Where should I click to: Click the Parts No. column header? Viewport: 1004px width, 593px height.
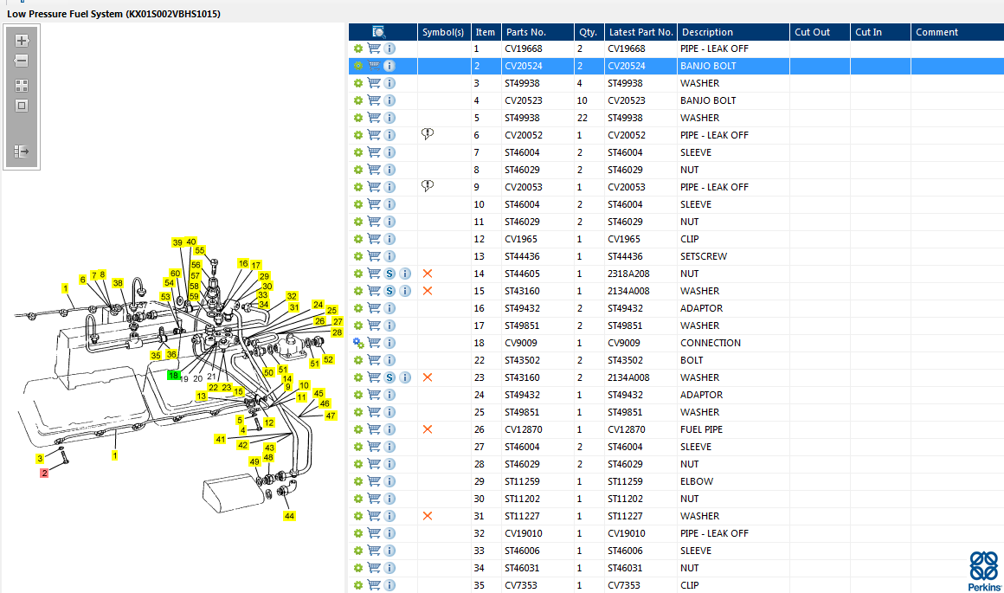(x=526, y=32)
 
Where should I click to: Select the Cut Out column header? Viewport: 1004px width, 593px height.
(x=812, y=32)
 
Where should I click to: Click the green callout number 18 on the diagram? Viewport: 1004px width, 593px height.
(x=174, y=376)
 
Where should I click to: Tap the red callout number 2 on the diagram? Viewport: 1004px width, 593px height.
(x=44, y=473)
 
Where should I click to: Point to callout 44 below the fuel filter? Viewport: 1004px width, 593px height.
(x=289, y=516)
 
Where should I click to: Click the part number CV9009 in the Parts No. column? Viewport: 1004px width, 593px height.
(x=521, y=343)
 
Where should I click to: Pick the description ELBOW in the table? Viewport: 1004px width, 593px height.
(x=697, y=481)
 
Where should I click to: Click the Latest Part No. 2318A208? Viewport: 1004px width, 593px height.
(x=628, y=274)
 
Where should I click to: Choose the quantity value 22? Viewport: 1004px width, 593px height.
(x=582, y=118)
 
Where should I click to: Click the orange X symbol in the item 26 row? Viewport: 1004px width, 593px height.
(x=427, y=429)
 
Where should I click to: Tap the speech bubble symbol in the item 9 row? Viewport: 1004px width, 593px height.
(x=428, y=186)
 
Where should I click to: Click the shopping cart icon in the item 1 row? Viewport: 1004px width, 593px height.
(x=374, y=48)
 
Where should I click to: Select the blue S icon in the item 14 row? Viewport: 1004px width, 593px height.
(x=390, y=274)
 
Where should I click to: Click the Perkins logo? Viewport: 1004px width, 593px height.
(x=982, y=570)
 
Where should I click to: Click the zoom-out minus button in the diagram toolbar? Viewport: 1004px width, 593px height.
(x=22, y=61)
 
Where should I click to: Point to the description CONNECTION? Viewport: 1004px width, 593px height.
(x=710, y=343)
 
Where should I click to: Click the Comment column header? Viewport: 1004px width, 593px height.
(x=936, y=32)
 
